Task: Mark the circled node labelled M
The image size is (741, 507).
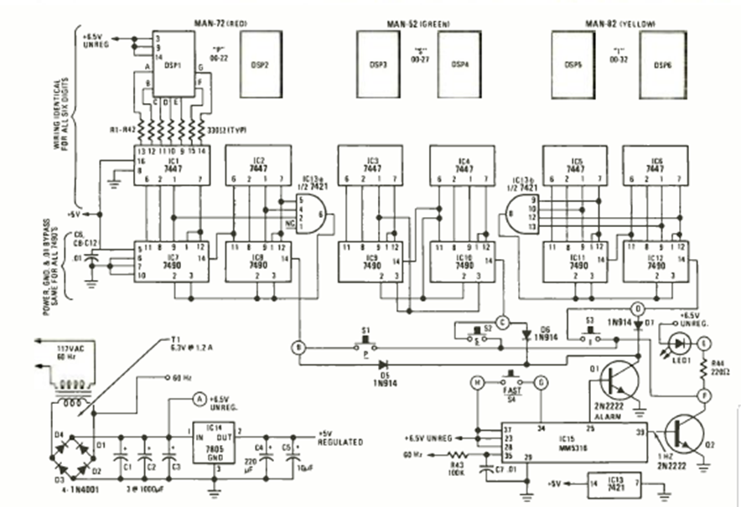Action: (476, 383)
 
